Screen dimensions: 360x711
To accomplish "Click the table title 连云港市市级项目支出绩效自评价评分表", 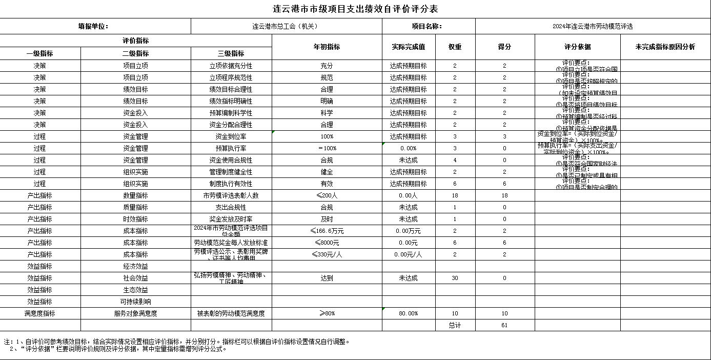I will coord(355,9).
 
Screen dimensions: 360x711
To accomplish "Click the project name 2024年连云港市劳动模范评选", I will coord(592,26).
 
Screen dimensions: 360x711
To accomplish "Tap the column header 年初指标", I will coord(327,47).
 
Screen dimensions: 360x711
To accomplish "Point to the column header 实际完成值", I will coord(408,47).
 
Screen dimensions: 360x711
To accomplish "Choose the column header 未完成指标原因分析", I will coord(665,47).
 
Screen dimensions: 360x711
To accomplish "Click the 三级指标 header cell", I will coord(231,53).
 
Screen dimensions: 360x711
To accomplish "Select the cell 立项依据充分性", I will coord(231,66).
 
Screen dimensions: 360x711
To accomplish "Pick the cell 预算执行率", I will coord(231,148).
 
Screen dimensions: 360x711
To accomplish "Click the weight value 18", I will coord(455,195).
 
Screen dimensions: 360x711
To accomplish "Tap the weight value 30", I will coord(455,278).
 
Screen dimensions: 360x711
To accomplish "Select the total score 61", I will coord(504,325).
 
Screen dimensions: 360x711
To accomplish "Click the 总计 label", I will coord(455,325).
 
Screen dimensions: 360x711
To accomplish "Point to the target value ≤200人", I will coord(327,195).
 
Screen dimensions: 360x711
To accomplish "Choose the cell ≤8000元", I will coord(327,243).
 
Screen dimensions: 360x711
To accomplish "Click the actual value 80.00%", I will coord(408,313).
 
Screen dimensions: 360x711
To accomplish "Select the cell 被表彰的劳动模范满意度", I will coord(231,313).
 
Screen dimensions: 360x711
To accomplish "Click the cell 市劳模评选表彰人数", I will coord(231,195).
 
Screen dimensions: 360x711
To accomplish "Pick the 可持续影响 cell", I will coord(135,302).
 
